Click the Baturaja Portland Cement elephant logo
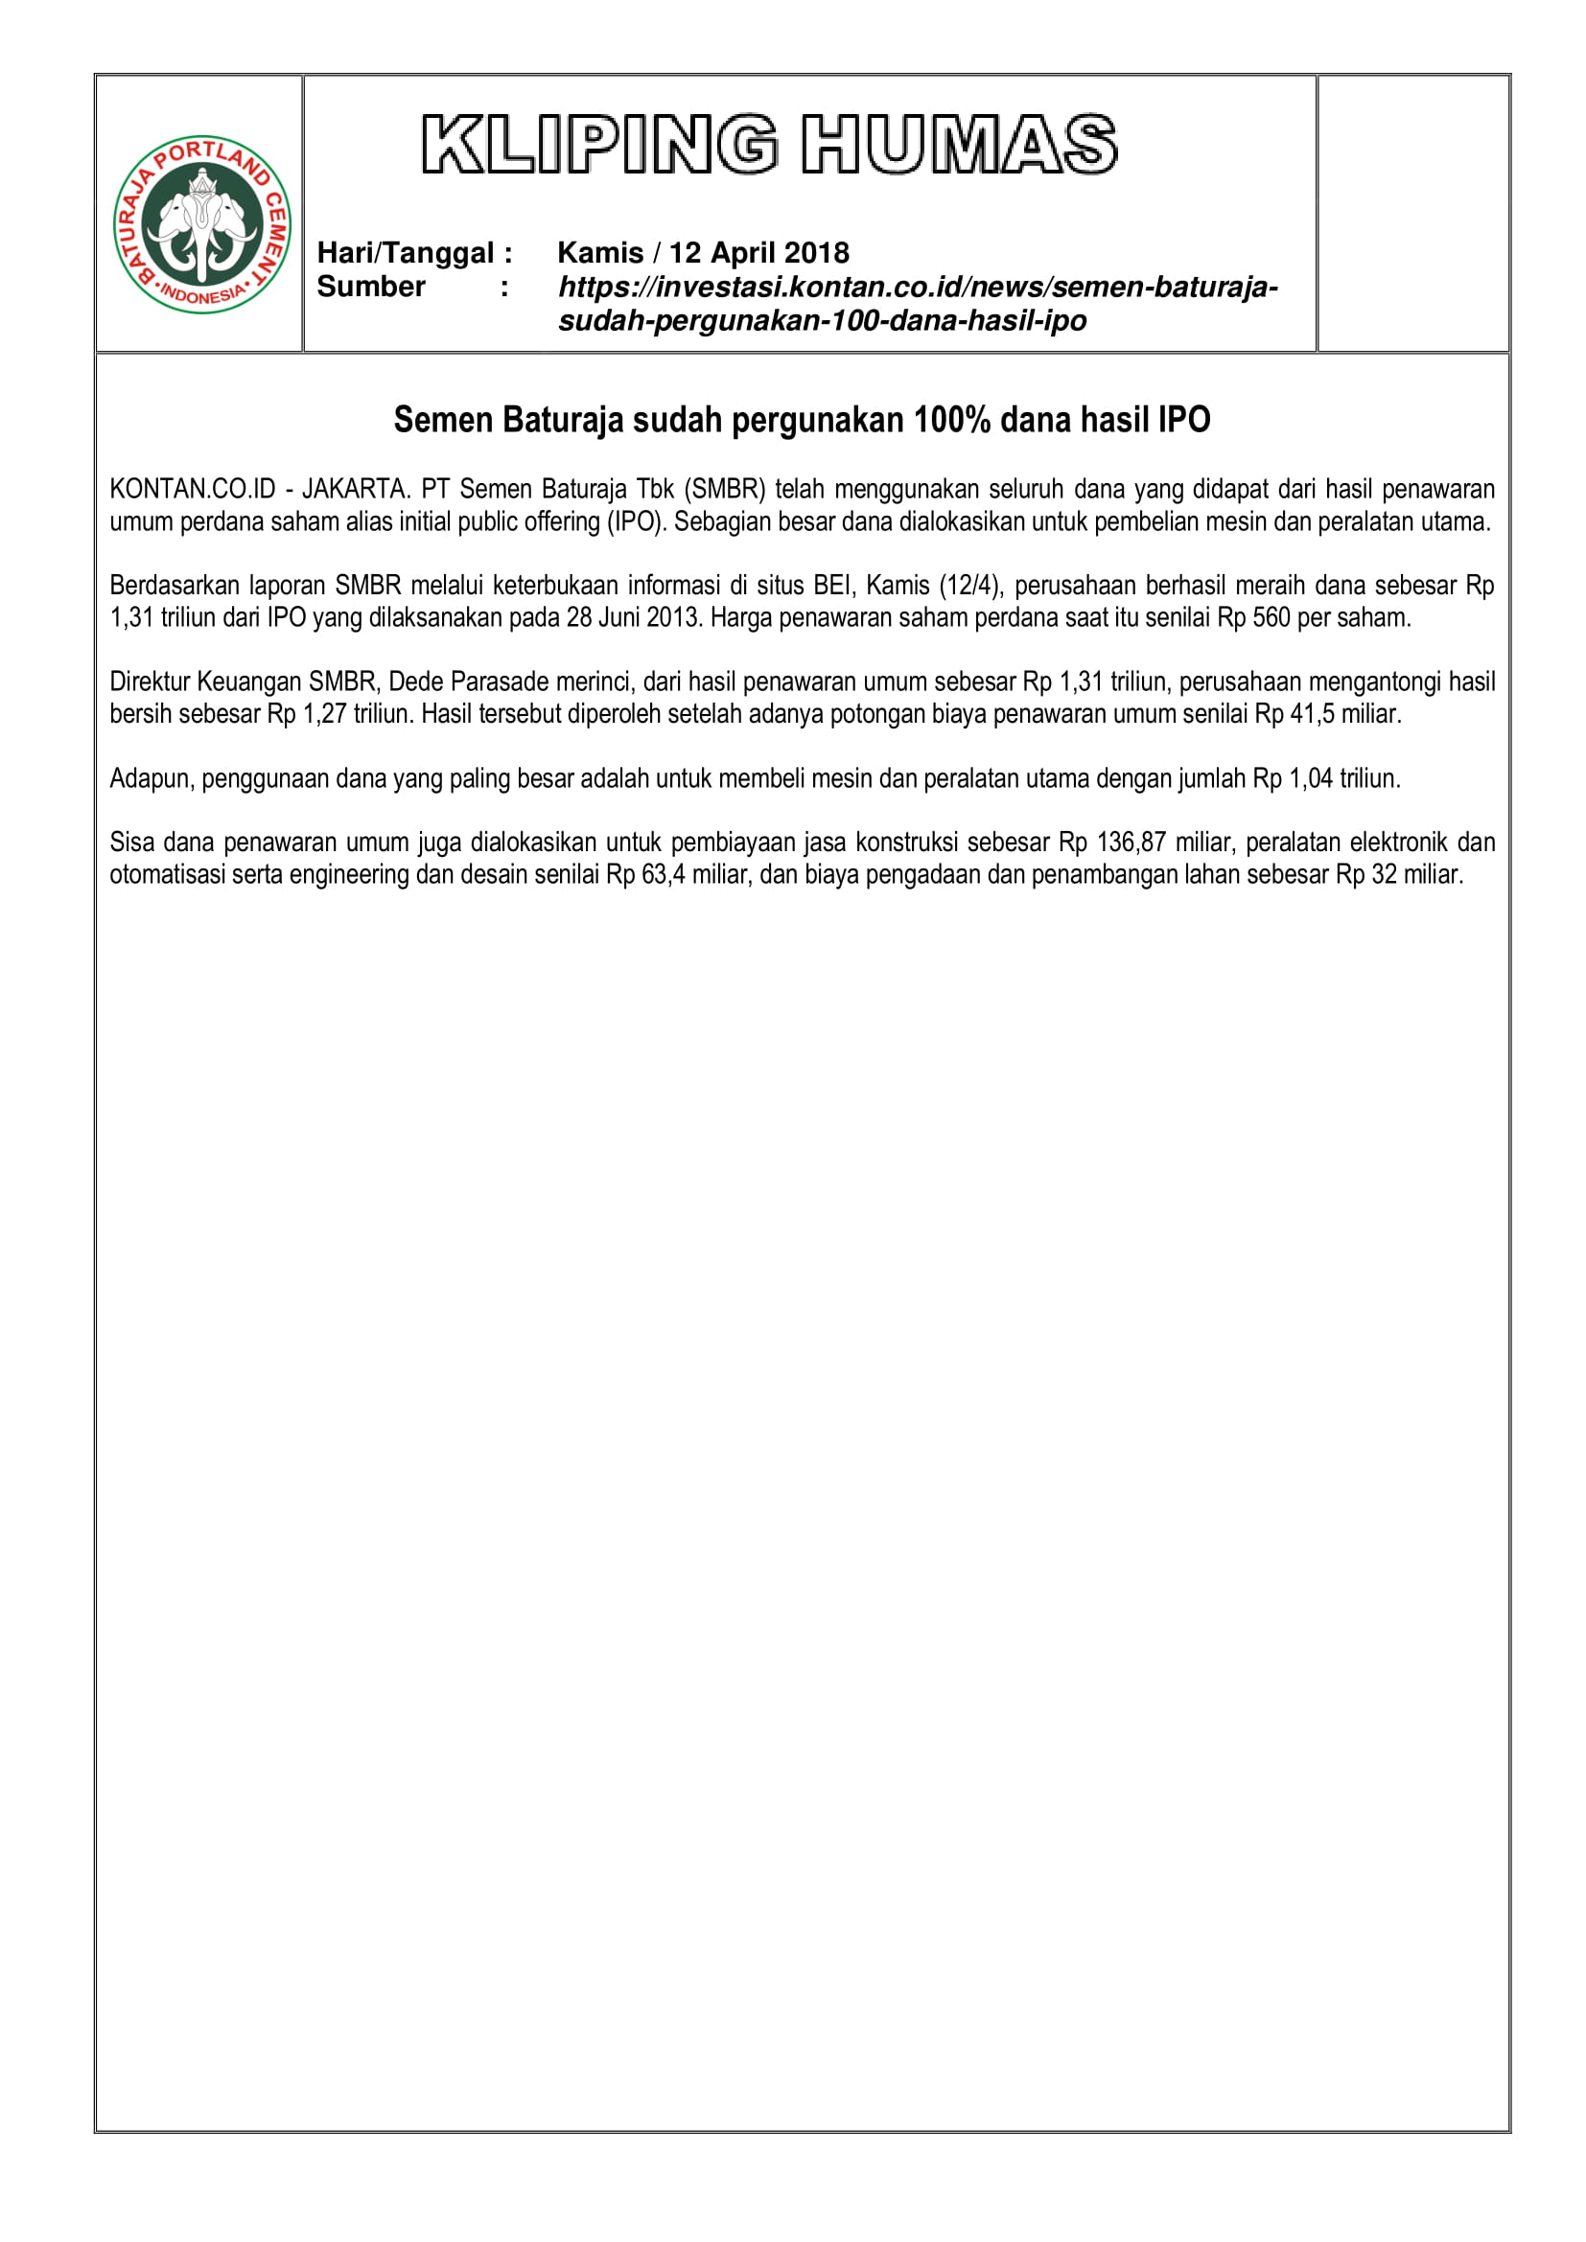[202, 224]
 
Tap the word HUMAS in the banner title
[959, 145]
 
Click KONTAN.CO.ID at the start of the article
[193, 488]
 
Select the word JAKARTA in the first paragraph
[355, 488]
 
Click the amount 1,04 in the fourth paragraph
[1311, 778]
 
